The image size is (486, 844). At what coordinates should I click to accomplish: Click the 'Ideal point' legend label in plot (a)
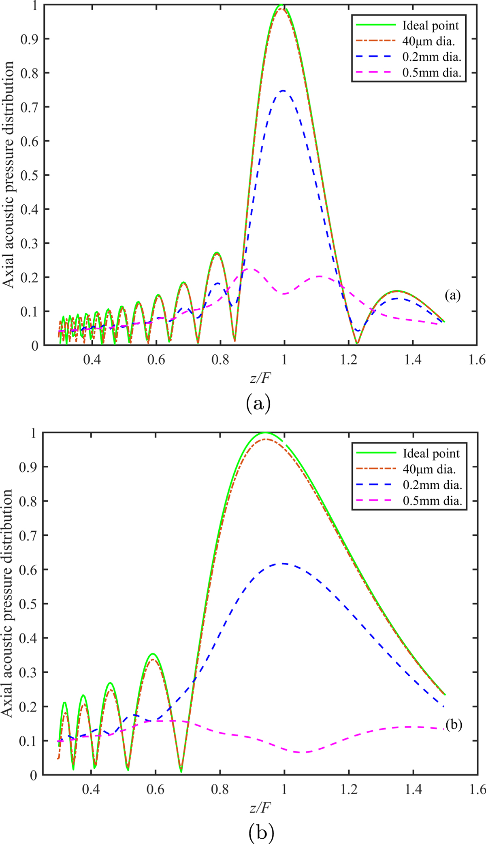(431, 26)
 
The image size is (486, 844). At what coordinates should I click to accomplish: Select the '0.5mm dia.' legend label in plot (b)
(433, 501)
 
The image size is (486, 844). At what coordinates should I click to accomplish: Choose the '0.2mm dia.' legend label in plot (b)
(433, 485)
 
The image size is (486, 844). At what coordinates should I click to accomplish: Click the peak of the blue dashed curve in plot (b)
(283, 563)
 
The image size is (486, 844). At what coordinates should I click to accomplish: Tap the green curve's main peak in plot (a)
(281, 5)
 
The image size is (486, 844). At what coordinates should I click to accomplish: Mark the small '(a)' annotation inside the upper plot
(452, 296)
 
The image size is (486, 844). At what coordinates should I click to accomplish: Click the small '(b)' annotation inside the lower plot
(454, 724)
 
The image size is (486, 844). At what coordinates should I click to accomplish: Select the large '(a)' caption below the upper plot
(258, 403)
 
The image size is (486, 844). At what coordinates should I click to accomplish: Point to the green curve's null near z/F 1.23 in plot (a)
(357, 344)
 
